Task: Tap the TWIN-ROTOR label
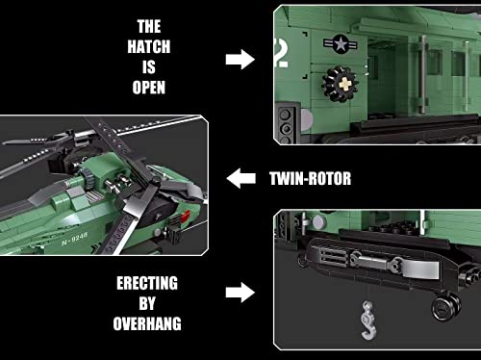coord(309,177)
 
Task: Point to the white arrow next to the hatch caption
coord(240,60)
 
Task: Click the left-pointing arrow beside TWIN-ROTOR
coord(240,177)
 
